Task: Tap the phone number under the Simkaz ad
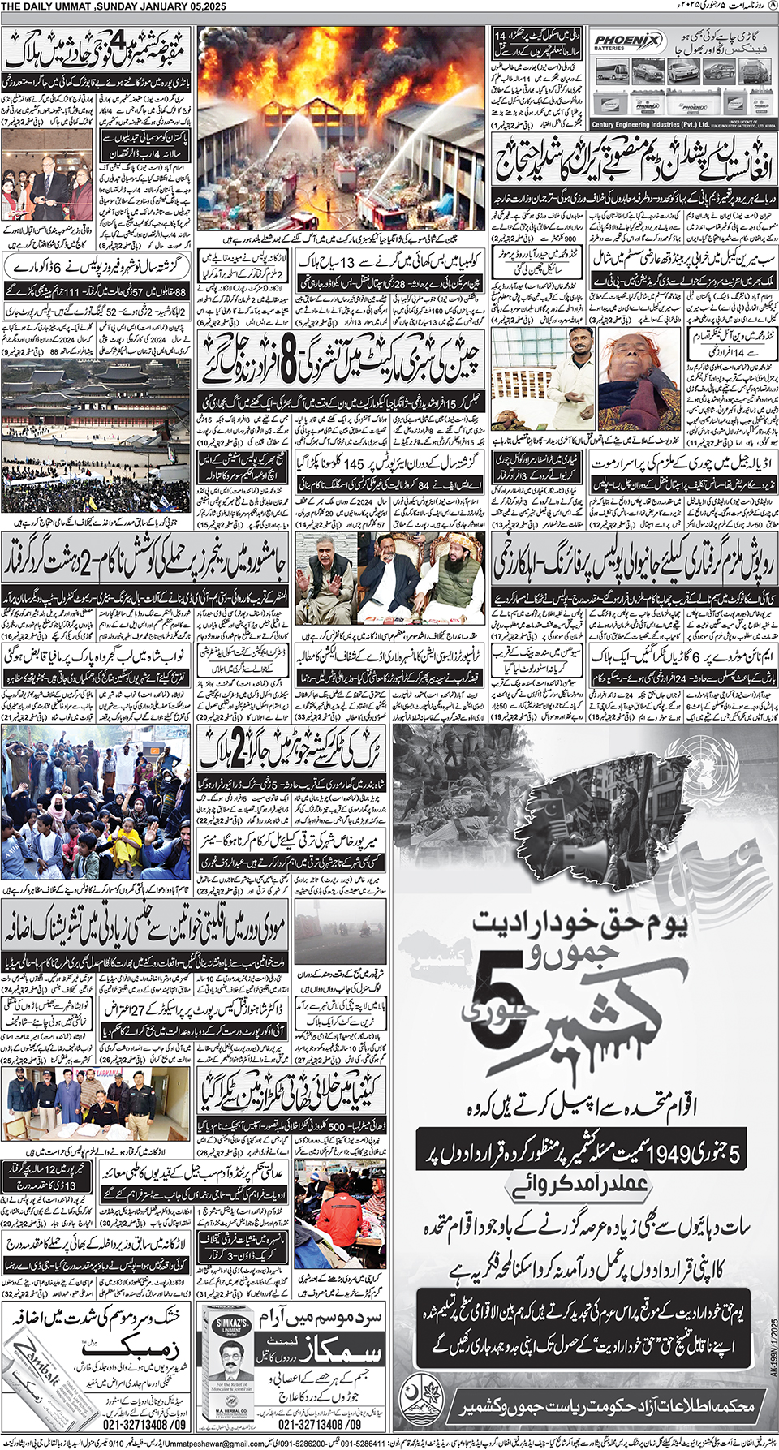[x=320, y=1424]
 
